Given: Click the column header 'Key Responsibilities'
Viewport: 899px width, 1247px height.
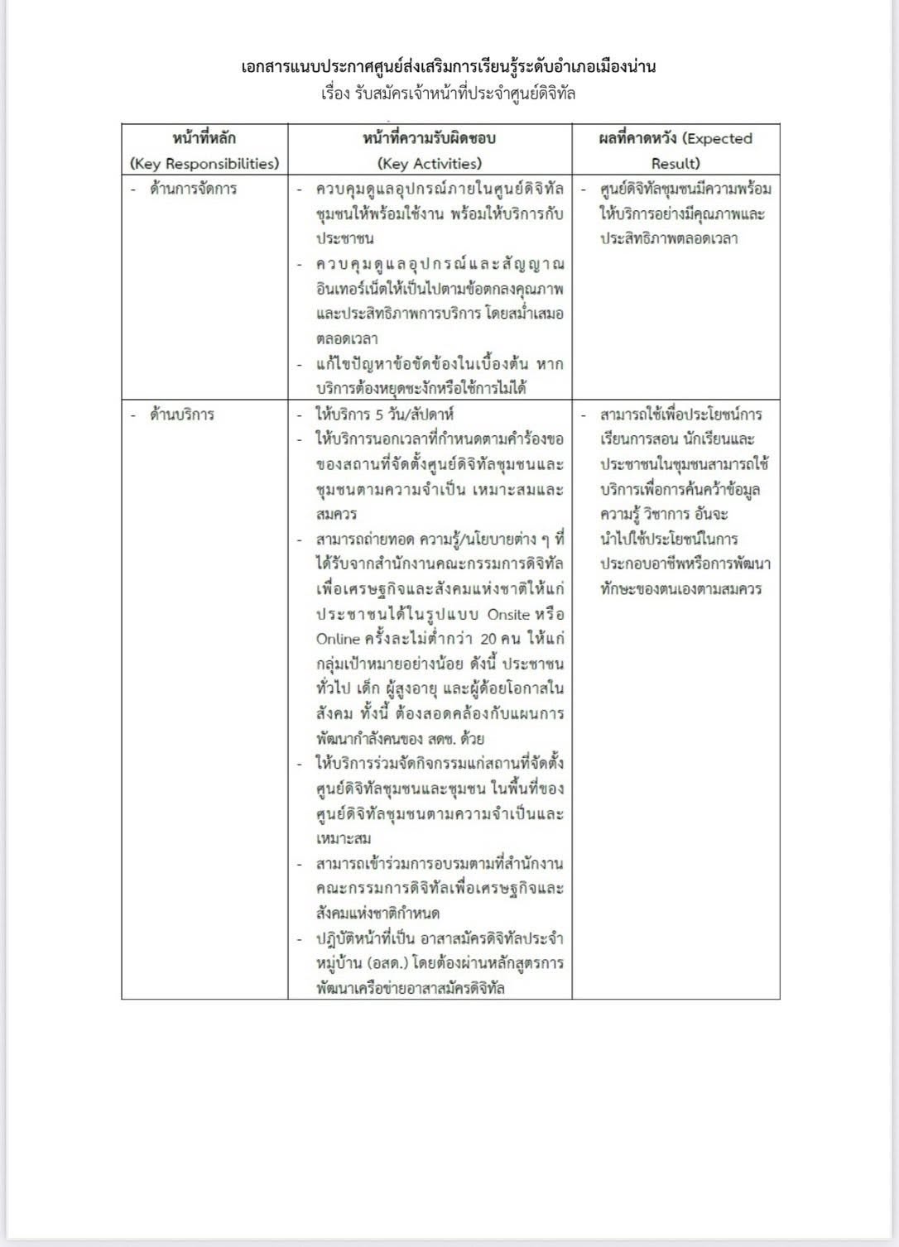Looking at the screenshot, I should [204, 164].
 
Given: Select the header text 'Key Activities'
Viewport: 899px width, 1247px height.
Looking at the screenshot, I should [429, 164].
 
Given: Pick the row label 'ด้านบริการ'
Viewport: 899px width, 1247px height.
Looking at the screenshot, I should [181, 415].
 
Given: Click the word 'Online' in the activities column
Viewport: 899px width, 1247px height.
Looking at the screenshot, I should [338, 640].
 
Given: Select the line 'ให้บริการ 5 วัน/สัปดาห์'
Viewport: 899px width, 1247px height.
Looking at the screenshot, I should [384, 415].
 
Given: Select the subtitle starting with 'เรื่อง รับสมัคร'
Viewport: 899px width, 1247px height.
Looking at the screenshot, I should [449, 94].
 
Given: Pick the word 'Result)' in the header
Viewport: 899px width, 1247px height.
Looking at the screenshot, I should [675, 164].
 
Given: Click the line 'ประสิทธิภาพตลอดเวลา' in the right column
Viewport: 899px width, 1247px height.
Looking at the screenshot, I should [669, 239].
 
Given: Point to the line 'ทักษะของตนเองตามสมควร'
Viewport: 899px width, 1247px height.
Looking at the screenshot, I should [682, 590].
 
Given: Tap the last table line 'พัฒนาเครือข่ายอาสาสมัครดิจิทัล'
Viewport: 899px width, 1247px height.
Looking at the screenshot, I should [411, 989].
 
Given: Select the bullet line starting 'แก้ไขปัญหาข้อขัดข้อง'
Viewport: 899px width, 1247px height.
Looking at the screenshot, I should [439, 364].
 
